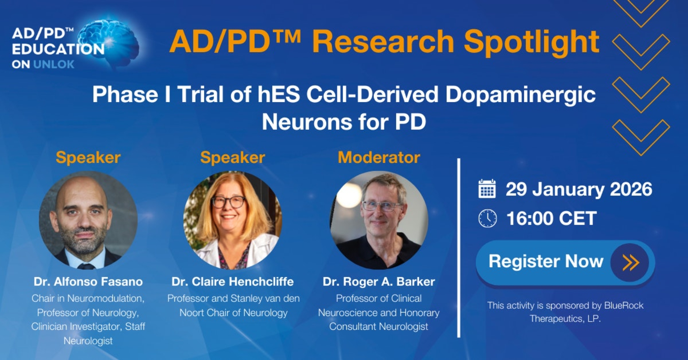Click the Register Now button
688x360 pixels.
pyautogui.click(x=565, y=262)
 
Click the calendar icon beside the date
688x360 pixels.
pyautogui.click(x=487, y=189)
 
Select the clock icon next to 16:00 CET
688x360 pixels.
pyautogui.click(x=487, y=218)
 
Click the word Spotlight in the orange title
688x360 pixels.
pyautogui.click(x=532, y=42)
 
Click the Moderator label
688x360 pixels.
pyautogui.click(x=379, y=158)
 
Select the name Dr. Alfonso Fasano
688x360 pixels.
pyautogui.click(x=88, y=282)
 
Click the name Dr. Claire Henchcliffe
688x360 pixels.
pyautogui.click(x=233, y=282)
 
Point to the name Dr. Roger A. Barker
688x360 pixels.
pyautogui.click(x=379, y=282)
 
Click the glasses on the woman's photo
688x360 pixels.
pyautogui.click(x=228, y=202)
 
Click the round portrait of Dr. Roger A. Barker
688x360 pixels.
pyautogui.click(x=379, y=220)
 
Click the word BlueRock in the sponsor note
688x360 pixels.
pyautogui.click(x=624, y=305)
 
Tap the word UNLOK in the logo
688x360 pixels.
pyautogui.click(x=54, y=64)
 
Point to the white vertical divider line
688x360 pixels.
pyautogui.click(x=459, y=248)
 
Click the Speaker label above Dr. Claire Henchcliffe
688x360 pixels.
pyautogui.click(x=233, y=158)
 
